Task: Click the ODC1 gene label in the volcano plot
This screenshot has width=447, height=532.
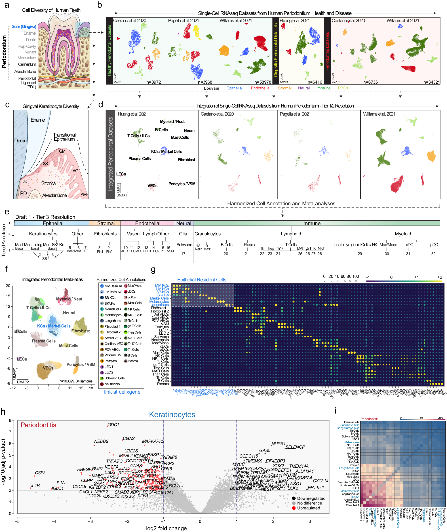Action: pos(113,424)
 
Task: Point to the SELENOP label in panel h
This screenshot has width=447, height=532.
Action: pos(295,447)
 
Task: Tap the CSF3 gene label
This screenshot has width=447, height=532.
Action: pos(40,473)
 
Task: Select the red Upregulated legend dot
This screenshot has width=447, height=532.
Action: pos(294,508)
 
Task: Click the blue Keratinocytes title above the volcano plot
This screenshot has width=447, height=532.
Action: pos(172,414)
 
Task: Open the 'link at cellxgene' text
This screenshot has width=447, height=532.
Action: pos(122,392)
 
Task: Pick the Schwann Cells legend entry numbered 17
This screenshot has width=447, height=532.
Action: pos(114,378)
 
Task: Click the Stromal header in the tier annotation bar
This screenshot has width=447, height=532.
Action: pos(106,223)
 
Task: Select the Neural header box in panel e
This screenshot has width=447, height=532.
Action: pos(184,223)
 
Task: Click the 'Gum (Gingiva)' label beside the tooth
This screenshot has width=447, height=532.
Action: pos(24,27)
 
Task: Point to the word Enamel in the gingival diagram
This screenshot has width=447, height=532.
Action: pos(38,120)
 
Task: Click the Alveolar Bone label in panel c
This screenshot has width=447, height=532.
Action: pos(55,195)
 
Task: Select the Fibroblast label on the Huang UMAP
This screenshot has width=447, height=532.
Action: pos(186,160)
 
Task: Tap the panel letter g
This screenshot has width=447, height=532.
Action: pos(153,270)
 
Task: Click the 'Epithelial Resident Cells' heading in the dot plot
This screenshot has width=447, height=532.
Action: pos(201,280)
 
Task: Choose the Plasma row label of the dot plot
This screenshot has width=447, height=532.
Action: pos(163,384)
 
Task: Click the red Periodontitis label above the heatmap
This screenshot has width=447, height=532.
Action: pos(369,419)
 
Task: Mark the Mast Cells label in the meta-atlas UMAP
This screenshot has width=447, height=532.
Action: pos(68,346)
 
